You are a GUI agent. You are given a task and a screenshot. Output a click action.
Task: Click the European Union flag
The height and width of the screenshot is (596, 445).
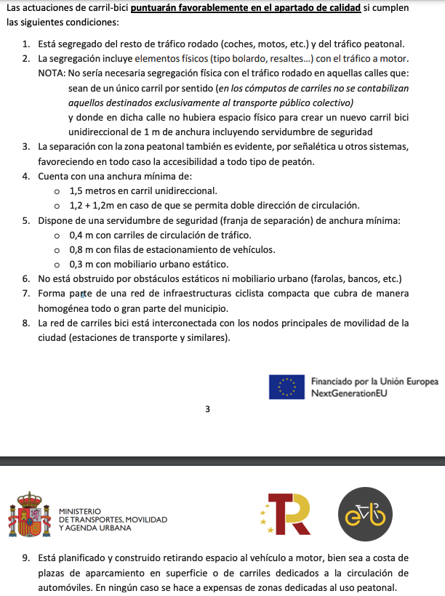[x=287, y=387]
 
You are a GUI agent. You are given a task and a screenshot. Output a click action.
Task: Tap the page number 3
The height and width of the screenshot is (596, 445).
[x=207, y=410]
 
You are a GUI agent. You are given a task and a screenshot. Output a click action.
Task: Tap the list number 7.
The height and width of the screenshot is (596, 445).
[x=25, y=294]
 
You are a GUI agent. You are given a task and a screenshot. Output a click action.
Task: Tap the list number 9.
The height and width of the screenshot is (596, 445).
[x=25, y=559]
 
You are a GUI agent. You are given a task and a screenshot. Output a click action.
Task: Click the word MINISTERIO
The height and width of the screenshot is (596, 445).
[x=79, y=512]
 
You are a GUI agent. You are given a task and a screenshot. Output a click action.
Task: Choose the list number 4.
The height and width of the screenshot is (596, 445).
[x=25, y=177]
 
